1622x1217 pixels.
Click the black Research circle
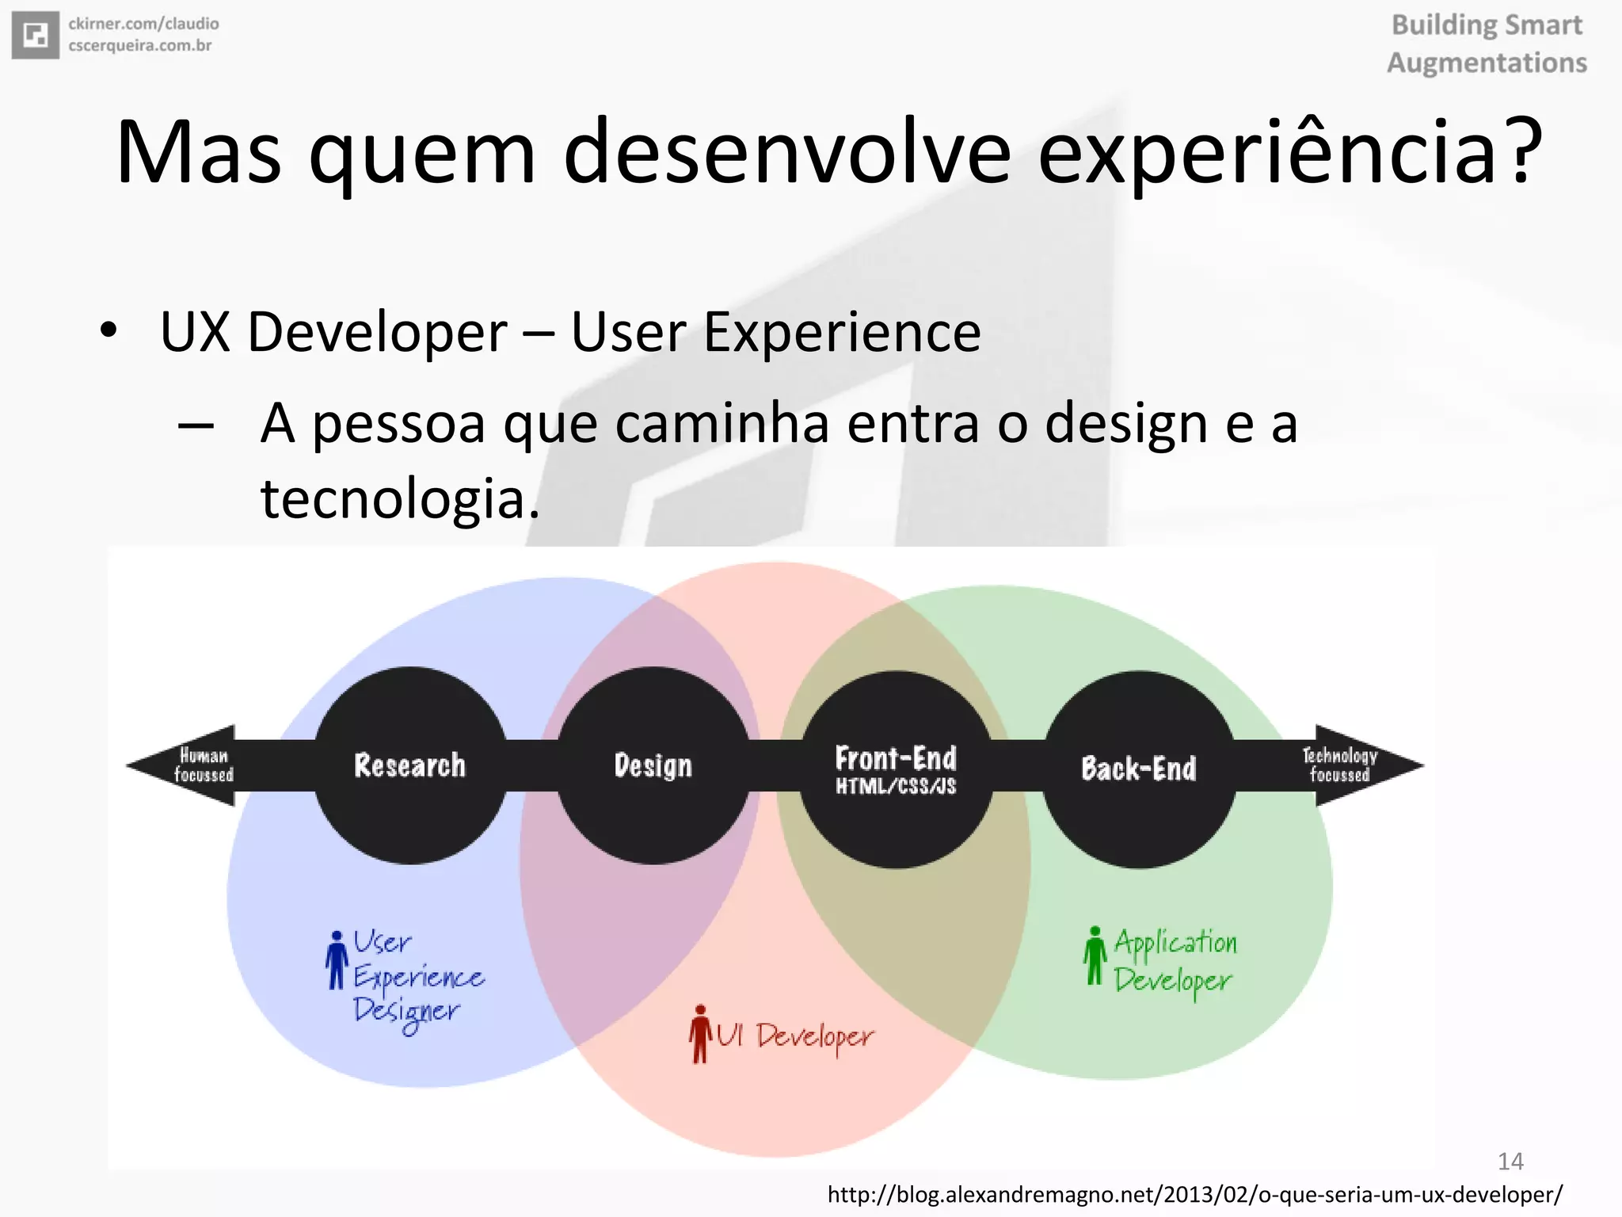point(410,765)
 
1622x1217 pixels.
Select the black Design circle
point(653,765)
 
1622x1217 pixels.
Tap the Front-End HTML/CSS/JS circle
point(896,769)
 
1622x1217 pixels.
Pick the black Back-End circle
point(1139,769)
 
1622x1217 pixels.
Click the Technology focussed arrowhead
point(1362,765)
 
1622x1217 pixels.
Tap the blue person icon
point(337,959)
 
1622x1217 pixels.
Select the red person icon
point(700,1033)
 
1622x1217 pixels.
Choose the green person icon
point(1095,956)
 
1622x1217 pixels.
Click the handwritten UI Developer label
point(795,1037)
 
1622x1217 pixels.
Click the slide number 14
point(1510,1162)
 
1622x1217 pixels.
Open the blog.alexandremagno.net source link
point(1195,1194)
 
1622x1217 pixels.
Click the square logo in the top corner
point(36,35)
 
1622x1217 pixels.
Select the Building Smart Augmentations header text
point(1487,44)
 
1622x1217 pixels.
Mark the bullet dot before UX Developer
point(109,330)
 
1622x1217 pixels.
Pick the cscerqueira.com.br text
point(140,46)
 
